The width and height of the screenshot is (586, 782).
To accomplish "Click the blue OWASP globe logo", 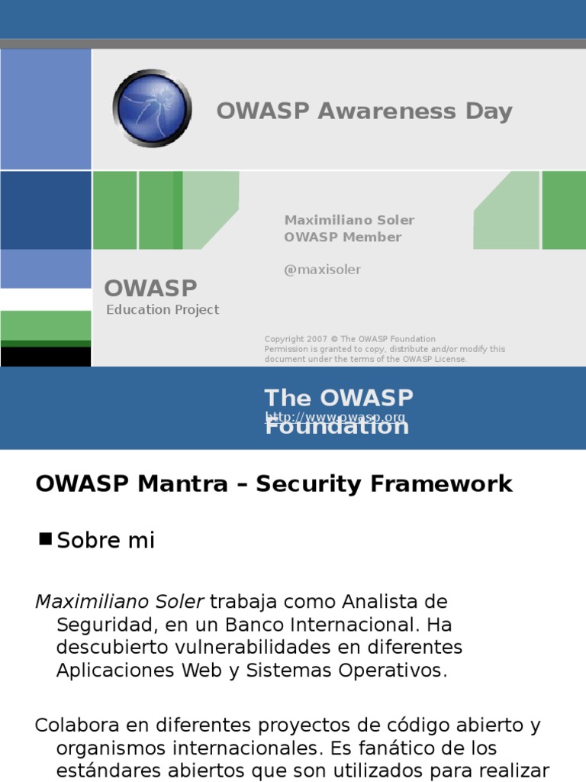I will (152, 108).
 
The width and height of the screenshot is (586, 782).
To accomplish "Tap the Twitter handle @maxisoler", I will (322, 270).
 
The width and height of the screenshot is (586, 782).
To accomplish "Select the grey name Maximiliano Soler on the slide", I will (349, 220).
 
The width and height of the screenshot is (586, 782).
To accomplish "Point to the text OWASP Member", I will (343, 237).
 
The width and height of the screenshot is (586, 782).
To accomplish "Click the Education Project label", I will (163, 309).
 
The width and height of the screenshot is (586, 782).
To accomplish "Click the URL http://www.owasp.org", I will (335, 418).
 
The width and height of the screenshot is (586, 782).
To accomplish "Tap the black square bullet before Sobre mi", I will (45, 539).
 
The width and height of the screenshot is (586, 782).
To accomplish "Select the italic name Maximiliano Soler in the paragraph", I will (120, 602).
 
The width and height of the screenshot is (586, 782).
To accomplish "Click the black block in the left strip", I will (46, 357).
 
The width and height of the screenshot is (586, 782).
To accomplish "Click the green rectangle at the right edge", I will (564, 210).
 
